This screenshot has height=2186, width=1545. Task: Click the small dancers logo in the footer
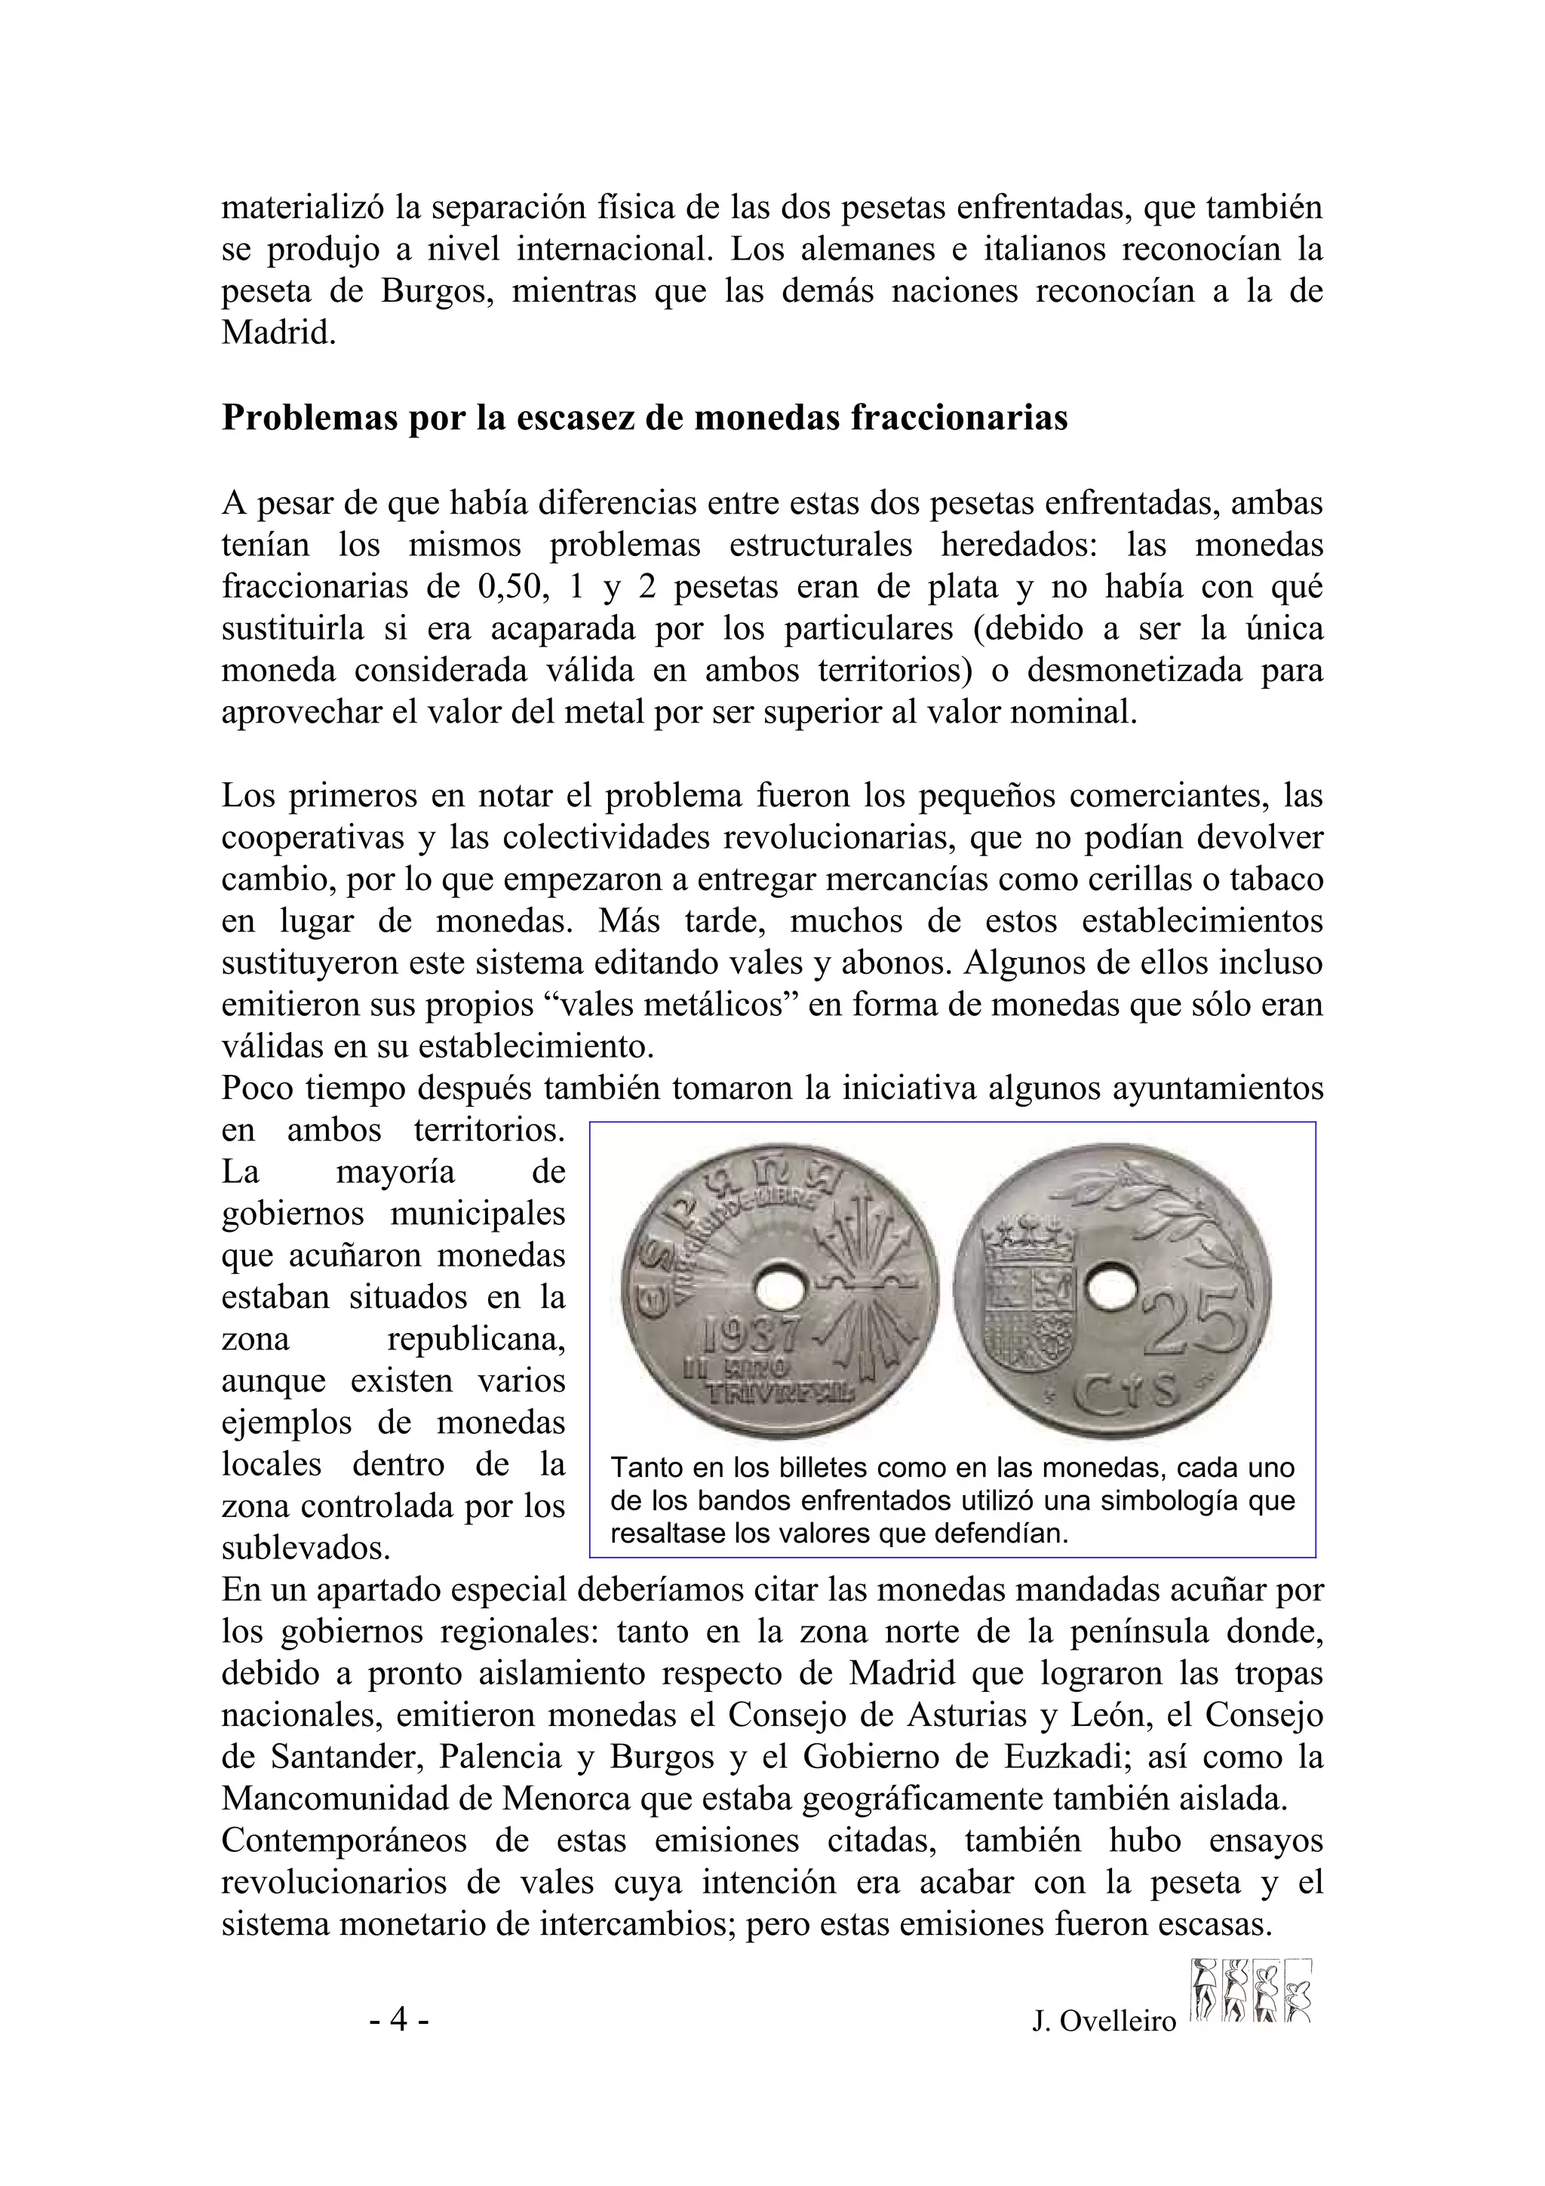1251,1990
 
